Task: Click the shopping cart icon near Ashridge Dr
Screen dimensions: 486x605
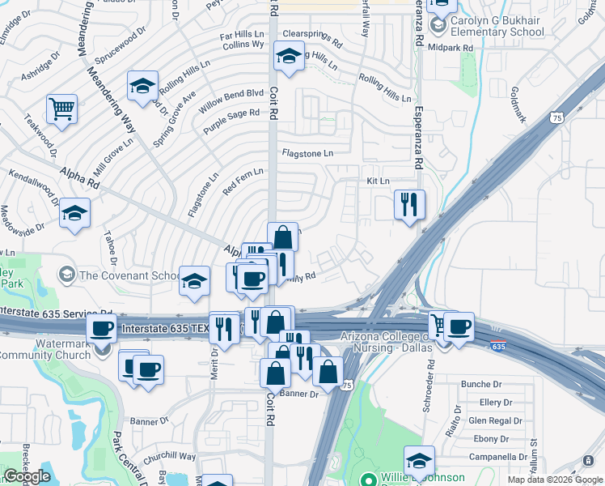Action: [61, 108]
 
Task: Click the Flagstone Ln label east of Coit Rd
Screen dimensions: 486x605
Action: [307, 153]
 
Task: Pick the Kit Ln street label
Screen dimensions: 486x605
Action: [378, 181]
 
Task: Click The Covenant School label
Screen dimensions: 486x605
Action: [129, 275]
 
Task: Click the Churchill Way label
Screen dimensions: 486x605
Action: [170, 457]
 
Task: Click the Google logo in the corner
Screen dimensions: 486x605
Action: [27, 476]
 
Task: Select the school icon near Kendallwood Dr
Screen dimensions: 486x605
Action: [74, 213]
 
